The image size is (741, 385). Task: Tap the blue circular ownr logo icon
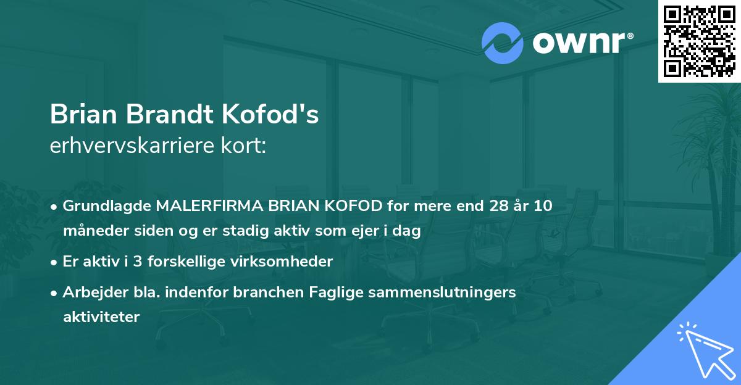click(503, 43)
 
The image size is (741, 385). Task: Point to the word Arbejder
click(88, 292)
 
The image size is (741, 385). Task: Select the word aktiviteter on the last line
click(101, 317)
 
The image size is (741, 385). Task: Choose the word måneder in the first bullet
click(89, 231)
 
